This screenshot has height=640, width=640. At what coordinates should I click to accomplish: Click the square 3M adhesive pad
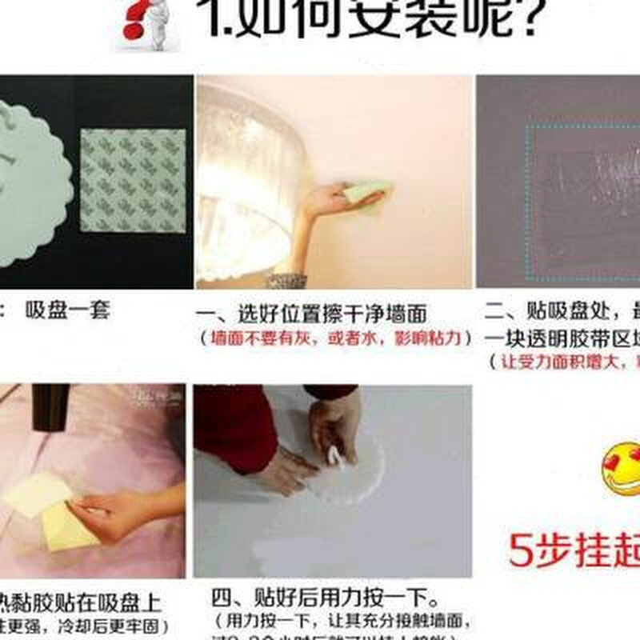tap(133, 180)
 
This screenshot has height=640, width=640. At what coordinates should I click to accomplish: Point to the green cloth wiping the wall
tap(367, 193)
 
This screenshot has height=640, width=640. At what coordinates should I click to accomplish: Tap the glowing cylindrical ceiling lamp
tap(240, 184)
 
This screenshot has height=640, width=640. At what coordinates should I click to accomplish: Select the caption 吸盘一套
tap(67, 310)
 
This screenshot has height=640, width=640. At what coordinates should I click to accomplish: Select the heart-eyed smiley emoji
tap(622, 467)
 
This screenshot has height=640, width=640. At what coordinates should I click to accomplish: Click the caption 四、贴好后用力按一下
tap(325, 598)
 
